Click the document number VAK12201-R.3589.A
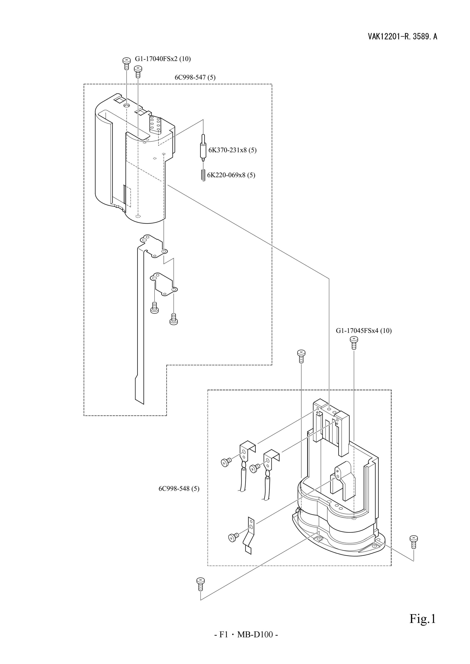(403, 37)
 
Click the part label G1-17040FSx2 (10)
(163, 59)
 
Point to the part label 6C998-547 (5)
(195, 77)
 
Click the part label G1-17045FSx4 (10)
(364, 330)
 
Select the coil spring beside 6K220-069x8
(203, 175)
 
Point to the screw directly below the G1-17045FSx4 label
(353, 343)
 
